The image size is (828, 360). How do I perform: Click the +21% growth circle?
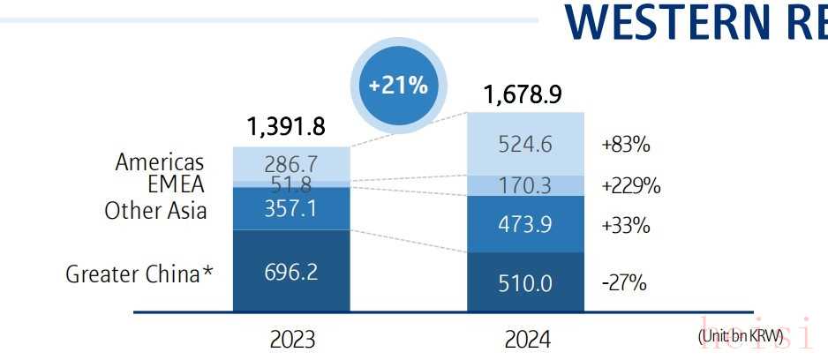tap(398, 86)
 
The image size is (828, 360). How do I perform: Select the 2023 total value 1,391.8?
tap(286, 127)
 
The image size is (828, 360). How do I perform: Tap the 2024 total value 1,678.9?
tap(523, 94)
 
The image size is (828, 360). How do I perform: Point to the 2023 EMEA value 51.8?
tap(291, 184)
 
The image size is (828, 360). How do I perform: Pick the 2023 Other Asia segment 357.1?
tap(291, 209)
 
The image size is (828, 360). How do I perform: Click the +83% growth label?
tap(625, 145)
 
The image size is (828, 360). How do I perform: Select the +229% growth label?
tap(630, 186)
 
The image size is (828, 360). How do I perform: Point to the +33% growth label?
tap(625, 225)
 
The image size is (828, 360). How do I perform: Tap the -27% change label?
tap(625, 283)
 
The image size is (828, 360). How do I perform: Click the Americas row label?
tap(160, 162)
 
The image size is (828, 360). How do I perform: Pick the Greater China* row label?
tap(139, 274)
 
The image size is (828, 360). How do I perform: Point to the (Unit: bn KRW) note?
tap(741, 336)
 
